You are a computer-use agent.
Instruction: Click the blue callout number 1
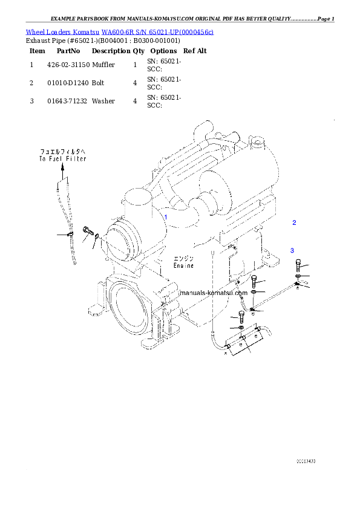(165, 216)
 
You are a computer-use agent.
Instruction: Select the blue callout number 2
(294, 222)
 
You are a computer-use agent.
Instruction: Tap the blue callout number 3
(292, 250)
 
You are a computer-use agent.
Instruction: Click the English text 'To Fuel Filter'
(63, 159)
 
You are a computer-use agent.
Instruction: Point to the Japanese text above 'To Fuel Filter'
(63, 151)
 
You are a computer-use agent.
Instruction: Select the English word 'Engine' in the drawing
(183, 265)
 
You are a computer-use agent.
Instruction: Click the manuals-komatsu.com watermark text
(214, 292)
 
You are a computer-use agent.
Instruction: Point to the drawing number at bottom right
(306, 461)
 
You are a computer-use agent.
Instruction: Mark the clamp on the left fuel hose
(71, 234)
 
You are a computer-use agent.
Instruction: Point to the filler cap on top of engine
(258, 144)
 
